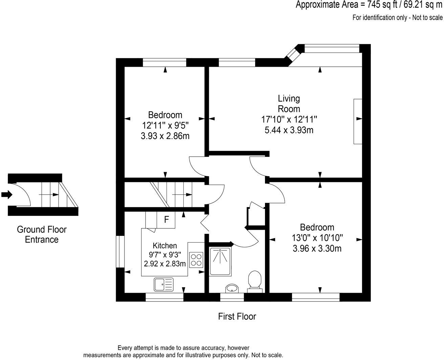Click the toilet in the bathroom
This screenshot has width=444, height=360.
pos(254,280)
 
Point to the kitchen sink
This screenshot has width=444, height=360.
pos(164,284)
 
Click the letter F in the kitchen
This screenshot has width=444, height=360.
pos(166,220)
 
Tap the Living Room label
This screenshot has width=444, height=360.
pos(289,104)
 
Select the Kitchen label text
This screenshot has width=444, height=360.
pos(165,246)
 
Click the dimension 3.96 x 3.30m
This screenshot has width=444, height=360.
pos(317,249)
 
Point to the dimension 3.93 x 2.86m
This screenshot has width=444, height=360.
pos(165,136)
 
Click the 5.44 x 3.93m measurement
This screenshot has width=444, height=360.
pos(289,130)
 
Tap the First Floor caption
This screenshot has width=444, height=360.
pos(237,317)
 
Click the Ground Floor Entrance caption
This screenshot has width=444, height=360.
pos(42,234)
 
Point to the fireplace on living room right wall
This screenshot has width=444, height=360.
pos(358,121)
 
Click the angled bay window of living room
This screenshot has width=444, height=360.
pos(293,55)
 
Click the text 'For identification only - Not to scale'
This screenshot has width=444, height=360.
pos(397,18)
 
